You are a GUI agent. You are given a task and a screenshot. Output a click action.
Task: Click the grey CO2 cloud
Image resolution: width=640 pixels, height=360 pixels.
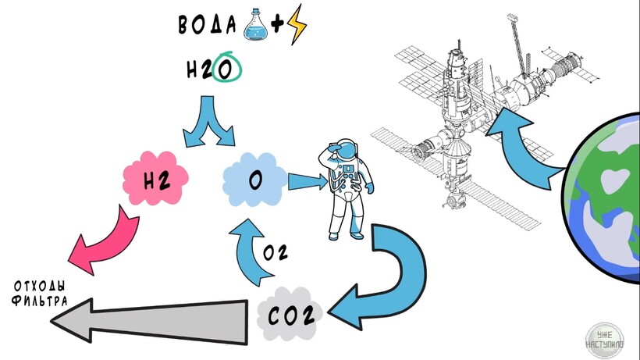click(290, 316)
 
